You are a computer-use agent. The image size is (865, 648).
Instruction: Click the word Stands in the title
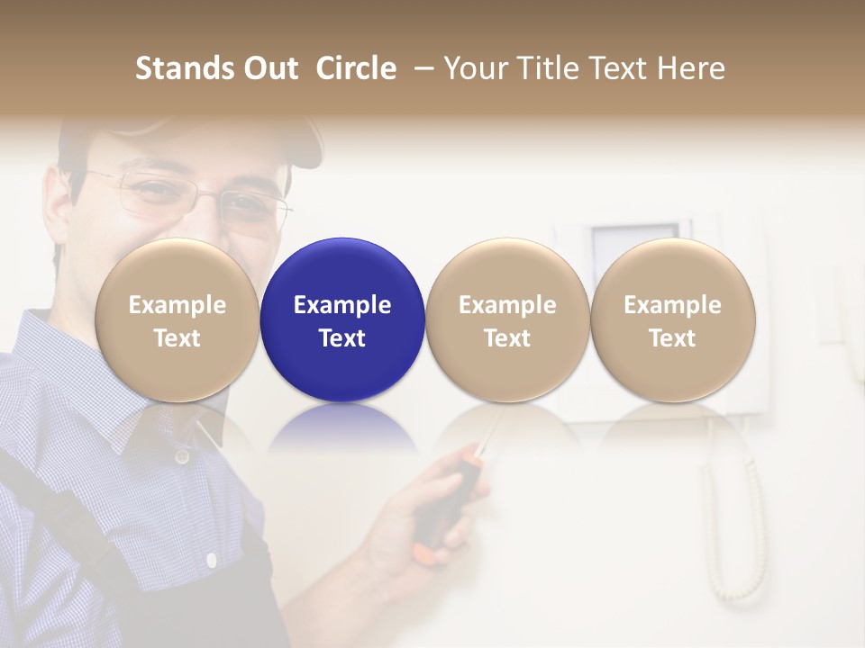click(x=175, y=68)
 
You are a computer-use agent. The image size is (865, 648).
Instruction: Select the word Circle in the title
click(x=356, y=68)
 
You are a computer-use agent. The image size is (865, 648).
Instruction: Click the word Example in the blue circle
click(x=342, y=305)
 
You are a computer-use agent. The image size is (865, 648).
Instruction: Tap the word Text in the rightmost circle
click(x=672, y=338)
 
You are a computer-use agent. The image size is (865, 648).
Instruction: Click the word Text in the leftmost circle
click(x=177, y=338)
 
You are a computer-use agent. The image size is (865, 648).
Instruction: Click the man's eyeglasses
click(x=198, y=198)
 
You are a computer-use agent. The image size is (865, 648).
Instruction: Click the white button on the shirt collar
click(x=183, y=456)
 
